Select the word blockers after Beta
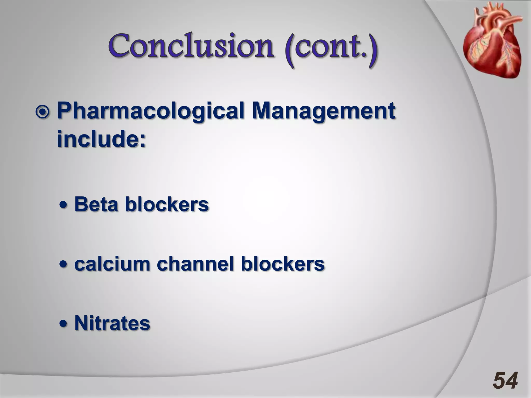coord(167,204)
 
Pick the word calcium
coord(112,264)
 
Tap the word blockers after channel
coord(282,264)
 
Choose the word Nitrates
coord(112,323)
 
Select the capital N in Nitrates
coord(81,323)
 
